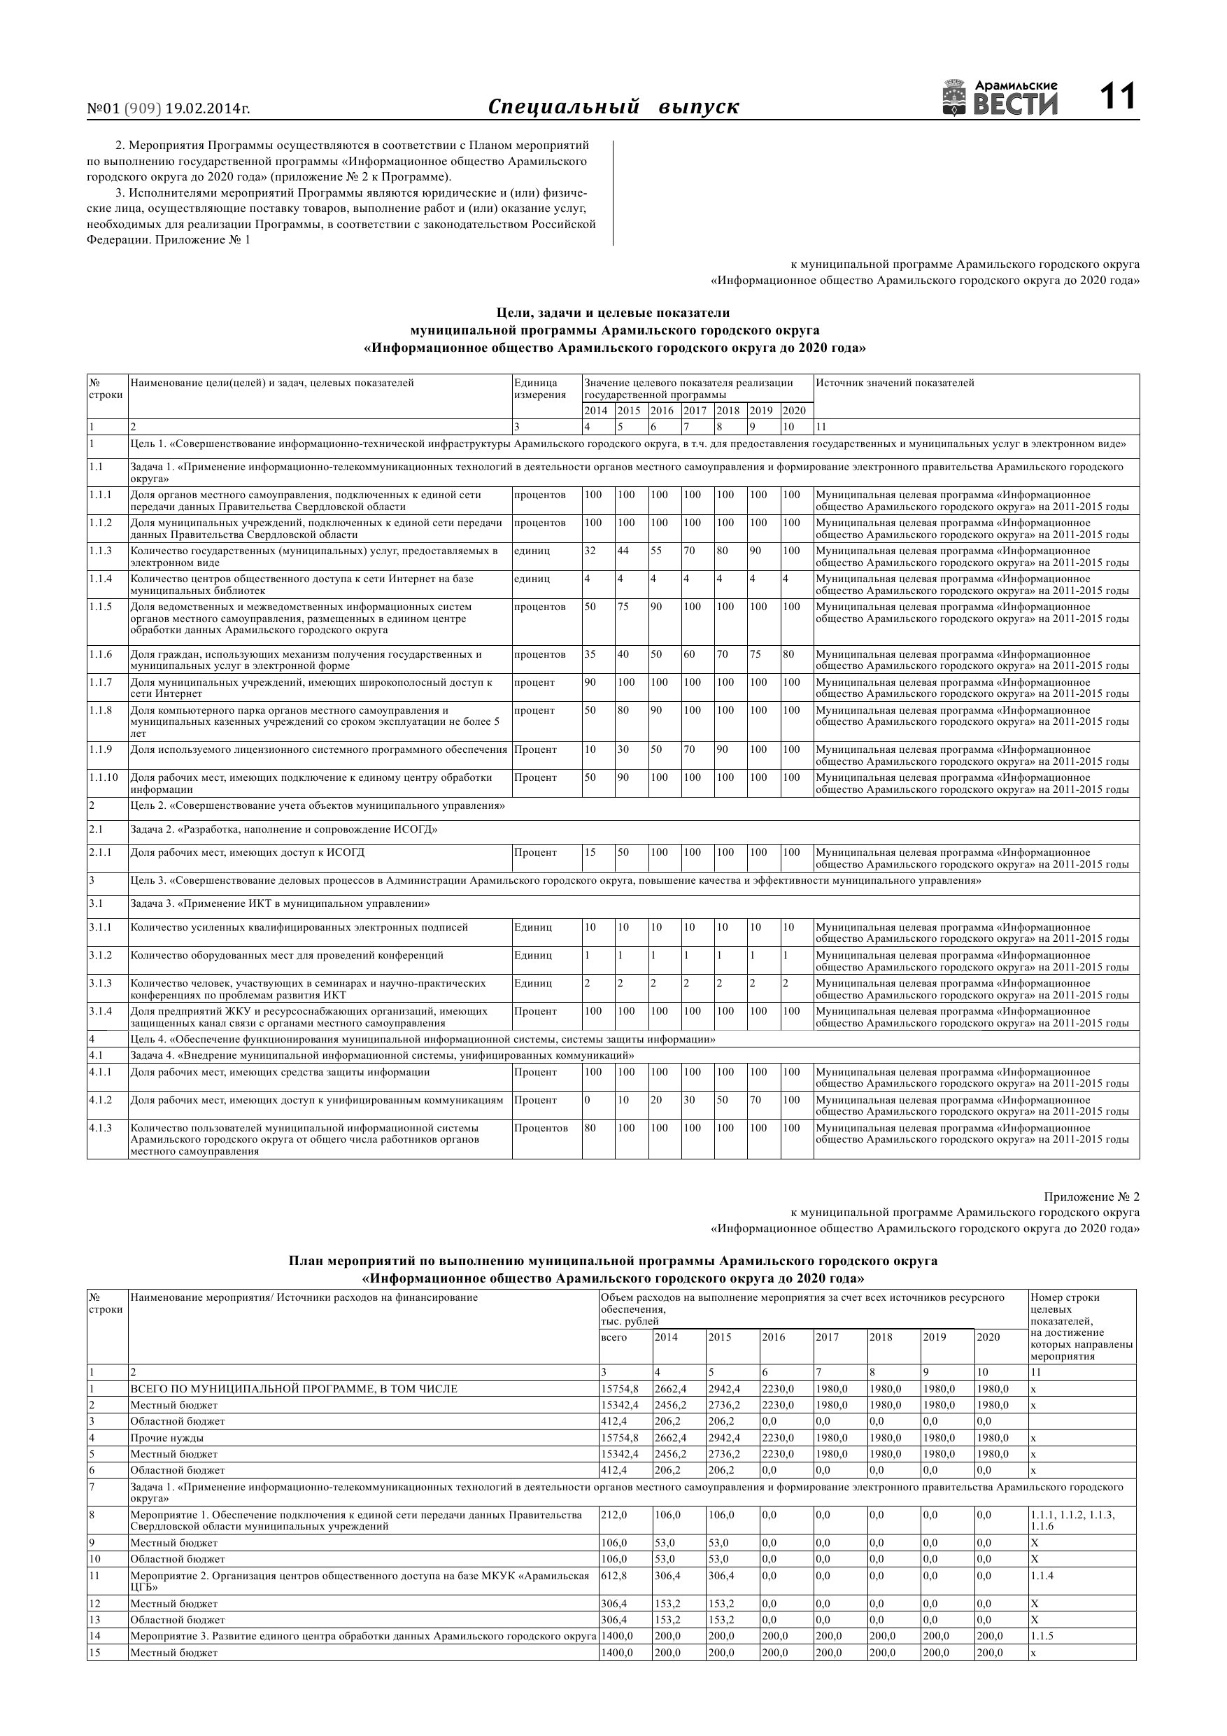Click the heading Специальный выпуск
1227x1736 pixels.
pyautogui.click(x=613, y=106)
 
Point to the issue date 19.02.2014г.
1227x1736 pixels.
pyautogui.click(x=207, y=109)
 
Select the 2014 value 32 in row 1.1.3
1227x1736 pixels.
pyautogui.click(x=590, y=551)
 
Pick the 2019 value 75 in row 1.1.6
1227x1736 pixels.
pyautogui.click(x=756, y=655)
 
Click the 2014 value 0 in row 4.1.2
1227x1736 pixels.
pyautogui.click(x=588, y=1100)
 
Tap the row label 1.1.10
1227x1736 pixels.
pyautogui.click(x=104, y=778)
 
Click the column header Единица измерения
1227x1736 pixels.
pyautogui.click(x=540, y=388)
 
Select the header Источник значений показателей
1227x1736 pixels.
pyautogui.click(x=894, y=383)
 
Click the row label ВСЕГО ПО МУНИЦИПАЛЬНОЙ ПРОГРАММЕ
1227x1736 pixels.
pyautogui.click(x=293, y=1389)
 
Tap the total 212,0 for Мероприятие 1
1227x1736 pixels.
pyautogui.click(x=614, y=1515)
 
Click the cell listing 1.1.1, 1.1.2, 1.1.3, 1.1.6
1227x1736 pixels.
pyautogui.click(x=1072, y=1520)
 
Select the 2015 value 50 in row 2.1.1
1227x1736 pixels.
pyautogui.click(x=623, y=853)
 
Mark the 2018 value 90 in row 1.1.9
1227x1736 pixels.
pyautogui.click(x=723, y=750)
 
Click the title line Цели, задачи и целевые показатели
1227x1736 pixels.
pyautogui.click(x=613, y=312)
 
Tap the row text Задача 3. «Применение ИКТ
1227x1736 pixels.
pyautogui.click(x=280, y=904)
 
